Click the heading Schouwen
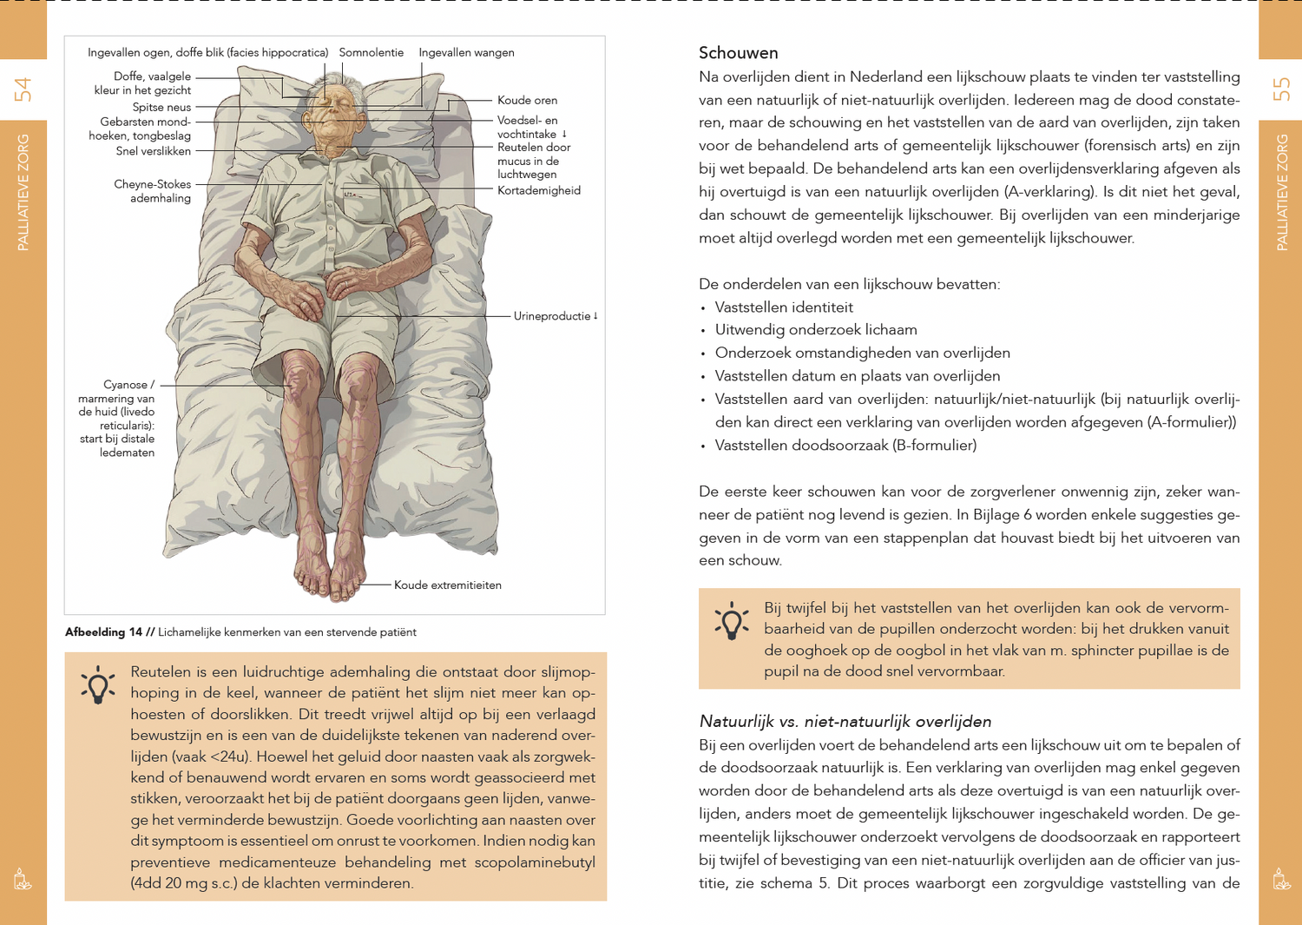[738, 53]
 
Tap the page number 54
[23, 89]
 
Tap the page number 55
[1281, 89]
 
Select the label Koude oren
[527, 100]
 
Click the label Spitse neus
[161, 107]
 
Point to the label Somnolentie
[371, 52]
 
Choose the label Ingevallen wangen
[466, 52]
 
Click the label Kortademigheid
[538, 190]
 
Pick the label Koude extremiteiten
[447, 585]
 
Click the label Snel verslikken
[153, 151]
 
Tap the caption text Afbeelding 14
[103, 632]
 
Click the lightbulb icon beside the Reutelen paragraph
[98, 684]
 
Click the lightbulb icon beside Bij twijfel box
[732, 621]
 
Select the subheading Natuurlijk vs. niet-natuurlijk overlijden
[845, 721]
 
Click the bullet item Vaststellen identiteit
[783, 307]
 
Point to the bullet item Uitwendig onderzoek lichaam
[815, 329]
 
